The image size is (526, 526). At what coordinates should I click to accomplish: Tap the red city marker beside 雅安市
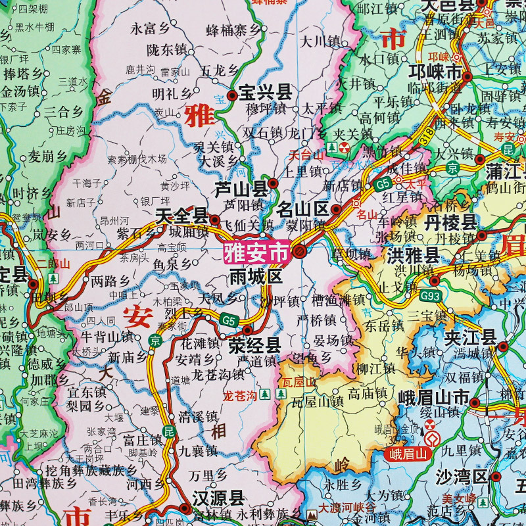[x=299, y=251]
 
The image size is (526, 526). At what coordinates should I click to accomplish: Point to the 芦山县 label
[x=242, y=190]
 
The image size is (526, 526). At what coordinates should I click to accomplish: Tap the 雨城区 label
[x=256, y=276]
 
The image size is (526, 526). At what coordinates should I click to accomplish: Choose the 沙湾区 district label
[x=461, y=477]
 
